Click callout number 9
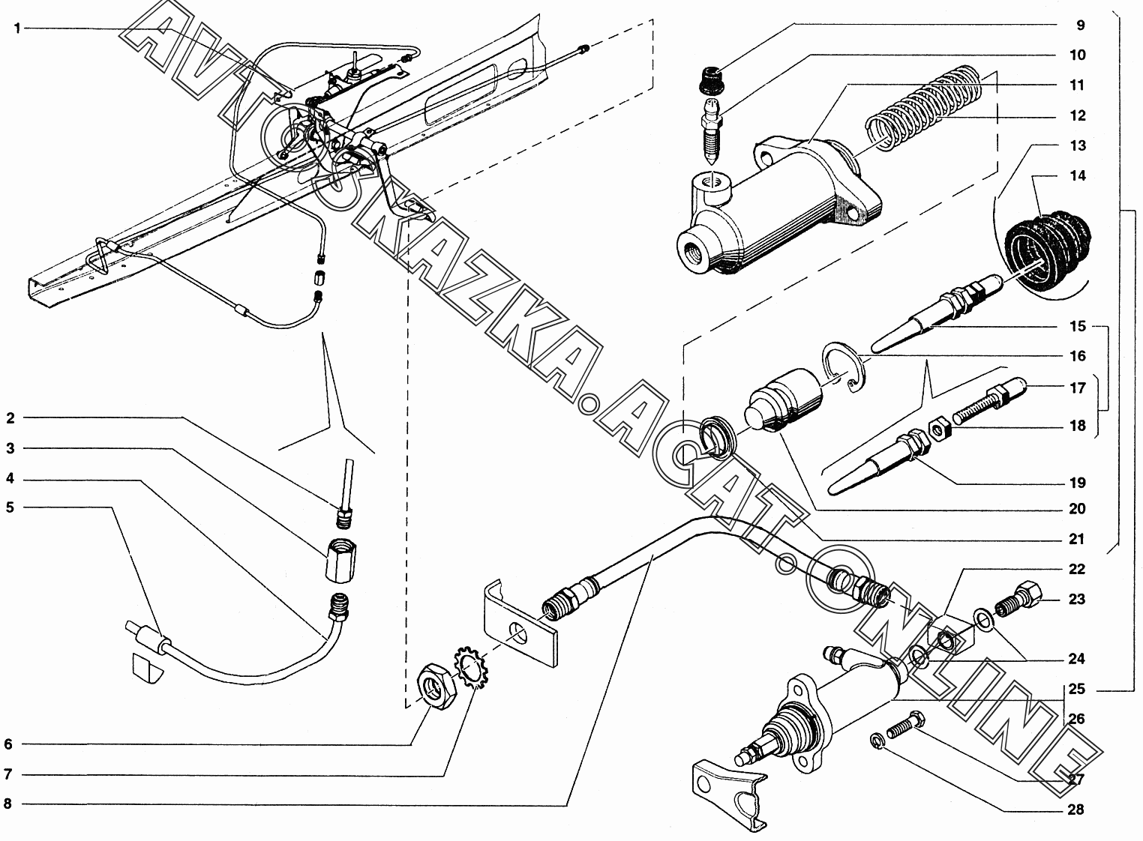[1080, 25]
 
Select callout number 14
[1077, 175]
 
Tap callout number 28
[1077, 810]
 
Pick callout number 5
[10, 507]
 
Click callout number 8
[8, 804]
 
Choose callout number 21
[1077, 539]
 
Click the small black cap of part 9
[710, 79]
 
